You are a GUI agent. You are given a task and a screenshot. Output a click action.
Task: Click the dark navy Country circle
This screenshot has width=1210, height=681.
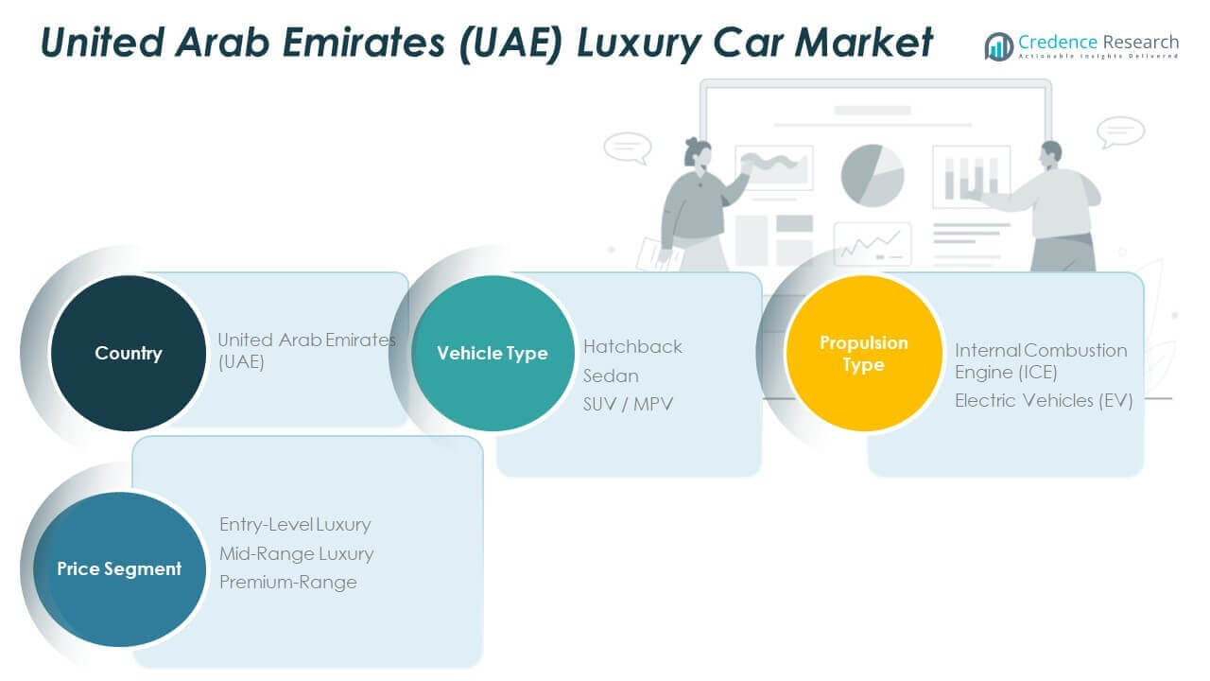pyautogui.click(x=129, y=353)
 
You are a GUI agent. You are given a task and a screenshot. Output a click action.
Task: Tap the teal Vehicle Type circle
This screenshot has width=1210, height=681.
pyautogui.click(x=493, y=353)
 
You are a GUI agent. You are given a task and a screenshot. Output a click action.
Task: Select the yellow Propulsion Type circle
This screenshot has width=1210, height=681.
pyautogui.click(x=864, y=353)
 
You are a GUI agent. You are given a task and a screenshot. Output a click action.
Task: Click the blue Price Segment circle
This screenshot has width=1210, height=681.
pyautogui.click(x=119, y=569)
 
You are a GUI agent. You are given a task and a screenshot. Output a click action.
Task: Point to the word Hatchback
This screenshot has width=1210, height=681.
pyautogui.click(x=632, y=346)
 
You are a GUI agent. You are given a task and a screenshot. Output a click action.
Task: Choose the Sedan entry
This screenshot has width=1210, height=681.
pyautogui.click(x=611, y=375)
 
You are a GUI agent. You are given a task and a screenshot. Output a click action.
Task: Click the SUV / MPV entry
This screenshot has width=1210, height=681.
pyautogui.click(x=628, y=404)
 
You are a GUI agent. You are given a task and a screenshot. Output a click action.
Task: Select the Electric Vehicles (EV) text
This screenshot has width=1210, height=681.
pyautogui.click(x=1044, y=400)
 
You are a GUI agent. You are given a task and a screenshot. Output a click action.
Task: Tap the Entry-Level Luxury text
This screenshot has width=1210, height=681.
pyautogui.click(x=295, y=524)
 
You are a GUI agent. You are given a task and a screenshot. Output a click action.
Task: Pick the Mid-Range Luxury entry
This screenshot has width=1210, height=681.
pyautogui.click(x=296, y=553)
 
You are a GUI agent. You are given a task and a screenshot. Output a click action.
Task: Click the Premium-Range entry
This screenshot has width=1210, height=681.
pyautogui.click(x=288, y=582)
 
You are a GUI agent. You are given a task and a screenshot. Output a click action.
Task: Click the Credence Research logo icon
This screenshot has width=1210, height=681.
pyautogui.click(x=999, y=46)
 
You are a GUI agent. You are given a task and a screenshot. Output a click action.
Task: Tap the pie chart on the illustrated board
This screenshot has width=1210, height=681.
pyautogui.click(x=873, y=176)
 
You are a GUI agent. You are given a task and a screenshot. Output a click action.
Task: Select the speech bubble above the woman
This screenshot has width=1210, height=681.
pyautogui.click(x=628, y=147)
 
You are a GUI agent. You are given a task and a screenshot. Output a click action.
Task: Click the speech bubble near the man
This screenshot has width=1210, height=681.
pyautogui.click(x=1120, y=131)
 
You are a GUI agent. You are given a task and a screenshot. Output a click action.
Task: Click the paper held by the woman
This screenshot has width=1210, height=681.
pyautogui.click(x=658, y=255)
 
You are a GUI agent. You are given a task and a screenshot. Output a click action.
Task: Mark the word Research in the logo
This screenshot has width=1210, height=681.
pyautogui.click(x=1141, y=42)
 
